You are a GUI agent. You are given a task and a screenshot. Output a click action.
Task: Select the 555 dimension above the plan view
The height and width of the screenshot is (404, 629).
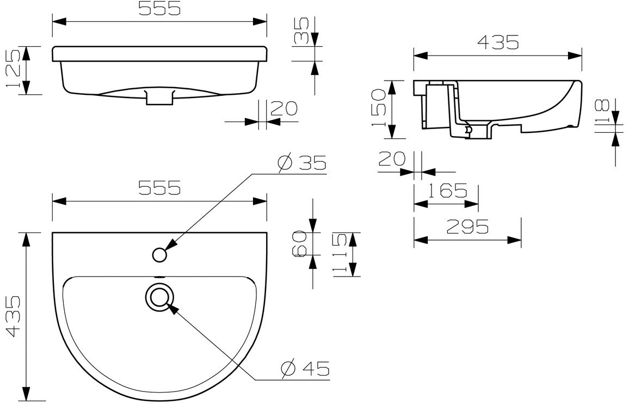[159, 188]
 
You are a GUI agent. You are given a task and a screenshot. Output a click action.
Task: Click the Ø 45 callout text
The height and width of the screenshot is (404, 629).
[305, 369]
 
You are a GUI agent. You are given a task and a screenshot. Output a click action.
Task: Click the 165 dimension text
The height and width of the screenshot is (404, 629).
[447, 191]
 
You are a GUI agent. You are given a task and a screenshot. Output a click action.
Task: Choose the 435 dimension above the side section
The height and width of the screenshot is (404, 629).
[498, 42]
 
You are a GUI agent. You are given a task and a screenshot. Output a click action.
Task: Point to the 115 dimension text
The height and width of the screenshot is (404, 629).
[340, 254]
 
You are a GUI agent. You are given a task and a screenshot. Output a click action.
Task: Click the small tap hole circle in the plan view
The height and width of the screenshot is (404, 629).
[160, 254]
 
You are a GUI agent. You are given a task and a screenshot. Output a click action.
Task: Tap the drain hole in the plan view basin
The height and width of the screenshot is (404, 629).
[159, 297]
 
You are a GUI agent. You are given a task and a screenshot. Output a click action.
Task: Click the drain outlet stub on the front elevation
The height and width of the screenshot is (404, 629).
[159, 97]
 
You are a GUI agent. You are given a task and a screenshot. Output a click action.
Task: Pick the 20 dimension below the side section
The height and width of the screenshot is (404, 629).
[392, 159]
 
